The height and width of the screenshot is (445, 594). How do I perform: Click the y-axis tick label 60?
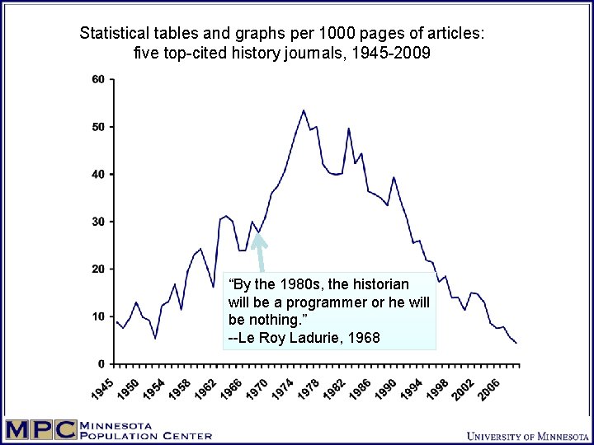pos(98,80)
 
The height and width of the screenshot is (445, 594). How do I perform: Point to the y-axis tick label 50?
pos(98,127)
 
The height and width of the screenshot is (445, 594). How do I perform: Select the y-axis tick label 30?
pos(98,222)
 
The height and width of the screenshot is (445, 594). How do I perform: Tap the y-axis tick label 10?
pos(98,316)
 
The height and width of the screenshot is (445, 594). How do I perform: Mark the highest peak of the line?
pos(304,110)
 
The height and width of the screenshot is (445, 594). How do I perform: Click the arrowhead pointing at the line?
pos(257,238)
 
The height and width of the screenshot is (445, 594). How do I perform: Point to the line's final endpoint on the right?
pos(516,343)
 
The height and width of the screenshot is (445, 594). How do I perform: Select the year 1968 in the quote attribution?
pos(362,337)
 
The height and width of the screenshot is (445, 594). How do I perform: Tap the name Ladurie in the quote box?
pos(300,337)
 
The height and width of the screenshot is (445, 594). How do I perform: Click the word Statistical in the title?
pos(114,34)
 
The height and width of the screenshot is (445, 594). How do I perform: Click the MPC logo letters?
pos(40,430)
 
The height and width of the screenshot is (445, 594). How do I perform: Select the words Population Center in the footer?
pos(145,436)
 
